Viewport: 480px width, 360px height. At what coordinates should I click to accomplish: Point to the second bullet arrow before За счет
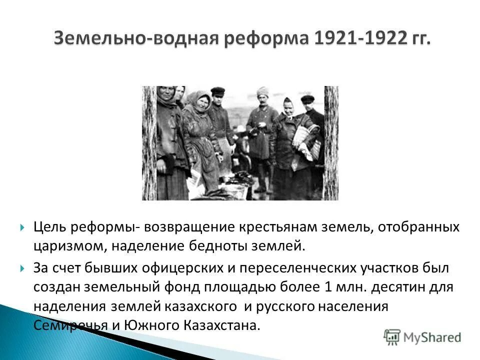point(22,268)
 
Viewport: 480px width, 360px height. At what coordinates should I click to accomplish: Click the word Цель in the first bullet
point(48,227)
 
